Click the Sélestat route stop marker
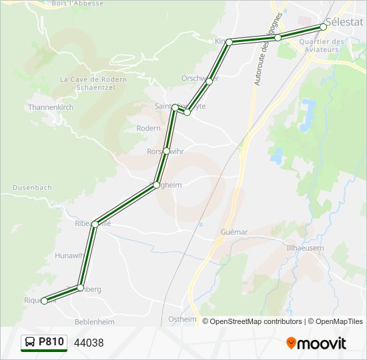point(323,27)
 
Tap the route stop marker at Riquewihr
point(45,301)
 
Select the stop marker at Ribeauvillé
point(95,224)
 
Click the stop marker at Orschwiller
point(209,81)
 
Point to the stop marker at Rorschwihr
point(166,151)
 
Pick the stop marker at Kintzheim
point(229,42)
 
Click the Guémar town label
point(234,232)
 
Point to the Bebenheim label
point(95,322)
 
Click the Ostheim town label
point(183,319)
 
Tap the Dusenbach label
point(32,188)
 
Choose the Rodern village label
point(148,128)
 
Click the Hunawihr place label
point(70,255)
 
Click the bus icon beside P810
point(30,342)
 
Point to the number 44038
point(89,343)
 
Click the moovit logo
point(316,343)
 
